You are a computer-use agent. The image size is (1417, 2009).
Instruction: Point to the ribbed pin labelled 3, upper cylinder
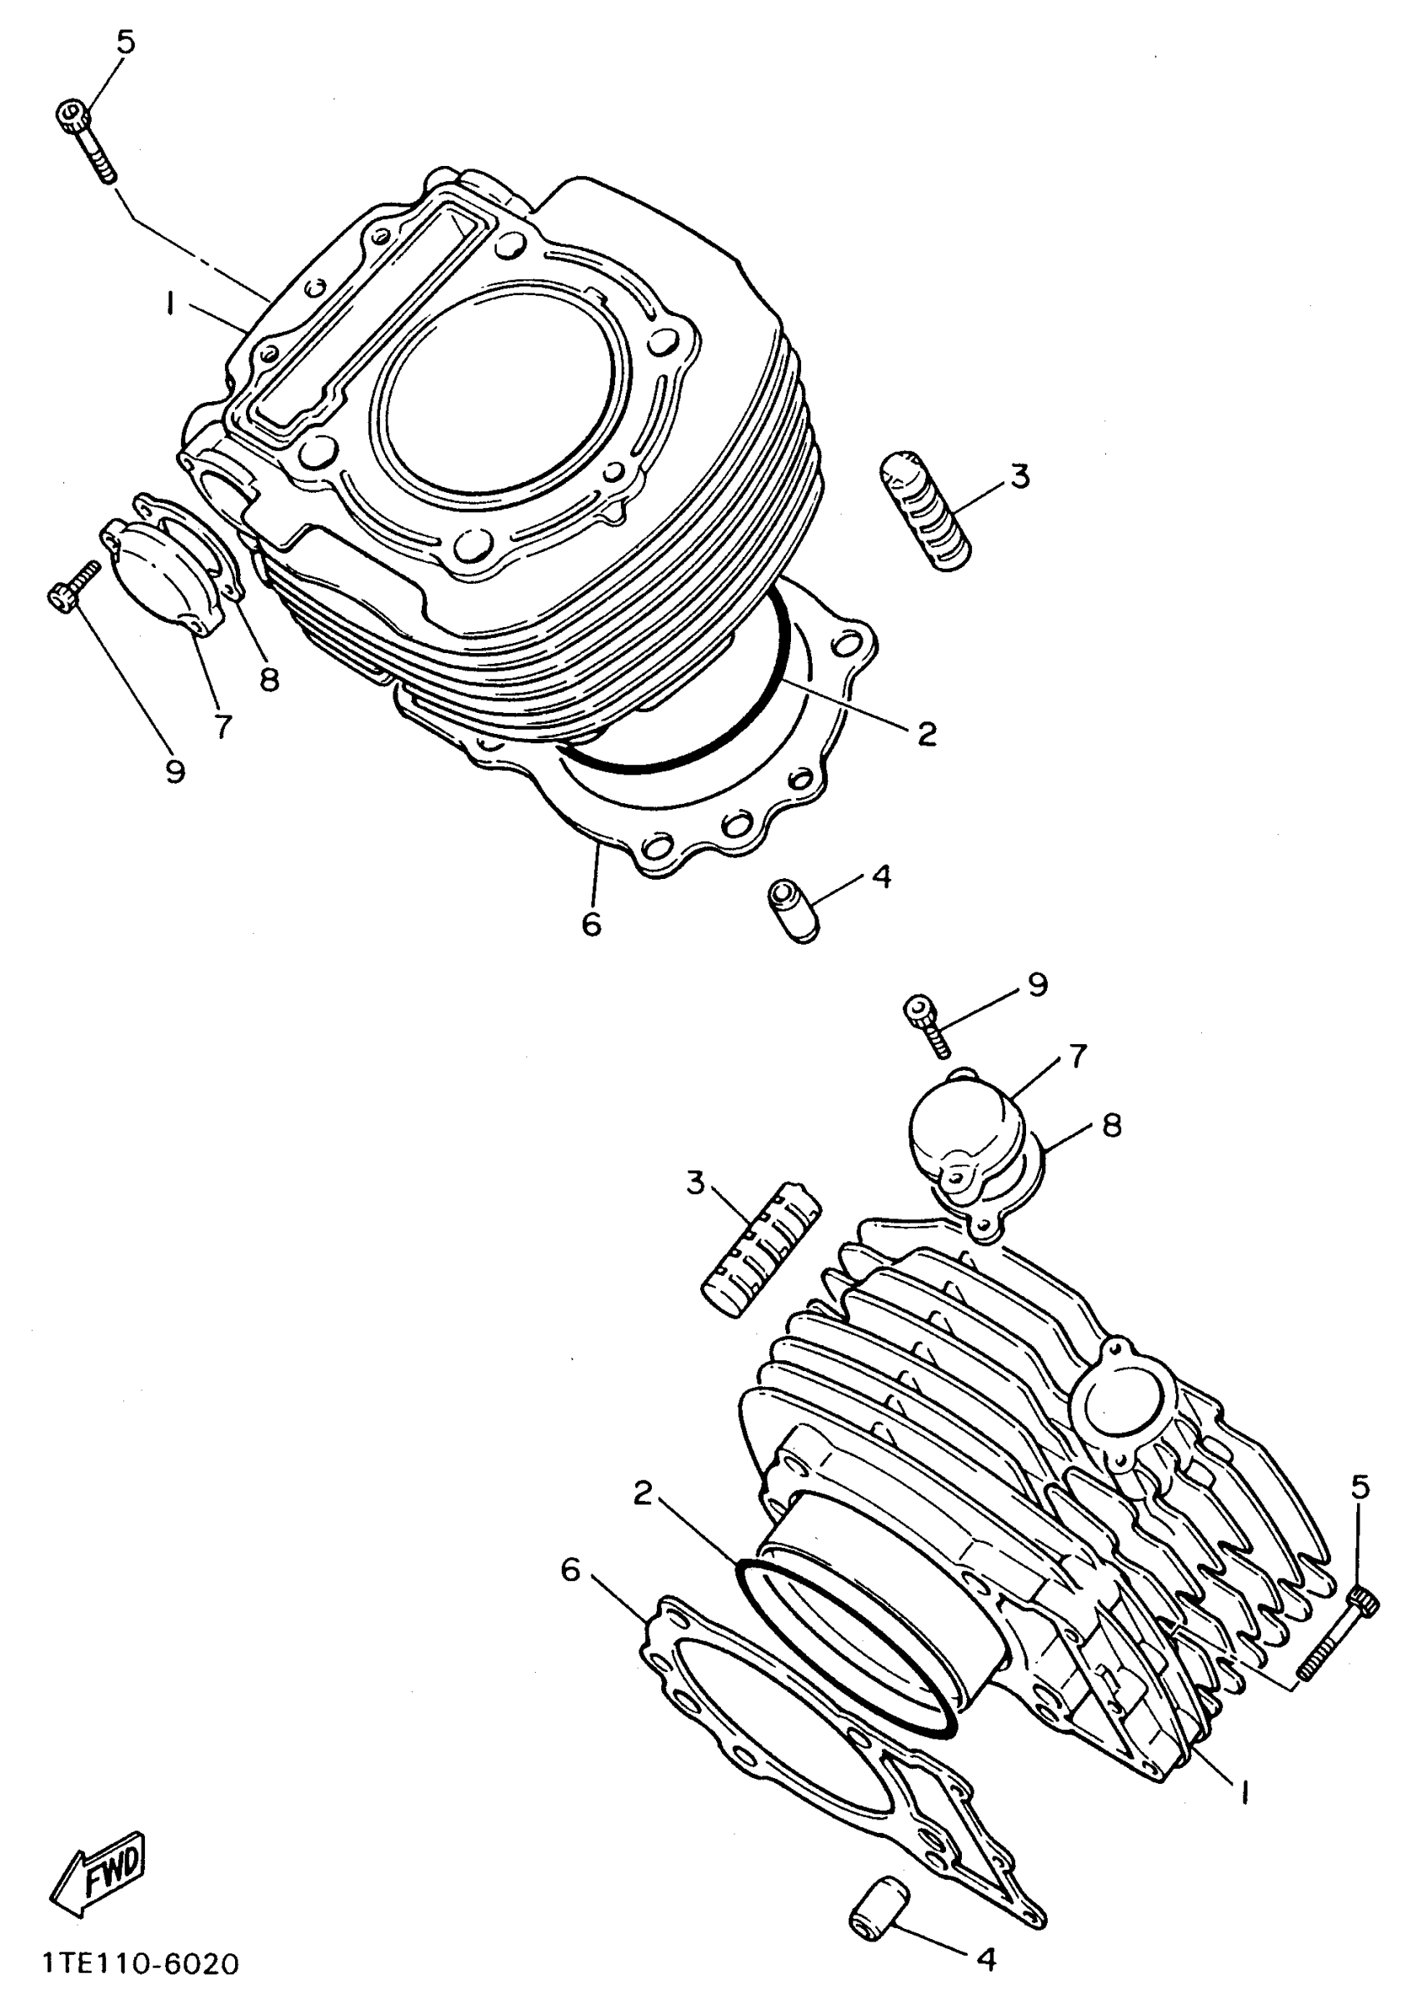924,510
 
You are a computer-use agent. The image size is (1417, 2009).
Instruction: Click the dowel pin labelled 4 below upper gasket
794,910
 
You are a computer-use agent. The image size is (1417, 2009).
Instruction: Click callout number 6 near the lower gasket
570,1570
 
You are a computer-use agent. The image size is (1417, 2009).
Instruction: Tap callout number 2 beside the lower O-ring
643,1494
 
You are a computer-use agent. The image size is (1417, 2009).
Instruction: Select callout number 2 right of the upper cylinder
926,733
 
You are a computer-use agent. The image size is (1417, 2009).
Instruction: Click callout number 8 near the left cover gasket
268,678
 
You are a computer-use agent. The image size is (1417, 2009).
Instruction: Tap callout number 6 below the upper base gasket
592,923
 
